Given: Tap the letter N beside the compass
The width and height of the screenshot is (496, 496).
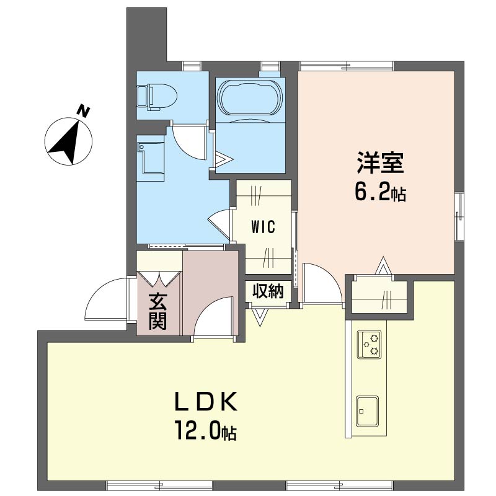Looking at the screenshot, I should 83,112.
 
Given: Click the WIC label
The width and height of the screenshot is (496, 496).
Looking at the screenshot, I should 262,227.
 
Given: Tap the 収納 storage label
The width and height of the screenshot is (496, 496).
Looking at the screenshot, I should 268,290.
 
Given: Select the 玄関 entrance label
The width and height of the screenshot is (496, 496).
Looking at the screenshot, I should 157,311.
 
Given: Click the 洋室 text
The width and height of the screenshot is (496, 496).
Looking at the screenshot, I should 379,164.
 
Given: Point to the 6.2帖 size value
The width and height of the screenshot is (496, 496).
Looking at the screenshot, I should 379,193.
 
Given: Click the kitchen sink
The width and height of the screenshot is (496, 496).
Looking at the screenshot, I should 368,410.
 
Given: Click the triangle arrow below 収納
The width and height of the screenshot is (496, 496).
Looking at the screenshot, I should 259,315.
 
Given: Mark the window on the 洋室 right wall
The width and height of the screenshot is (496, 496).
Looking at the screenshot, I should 459,216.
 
